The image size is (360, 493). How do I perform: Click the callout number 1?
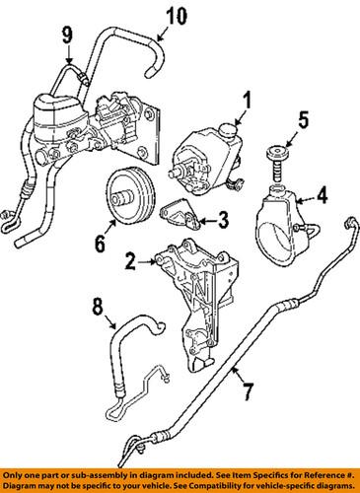coord(247,100)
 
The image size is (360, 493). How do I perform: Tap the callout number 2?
coord(130,261)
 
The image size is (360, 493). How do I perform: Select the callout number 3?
coord(223,221)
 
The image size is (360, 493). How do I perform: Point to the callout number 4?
coord(322,195)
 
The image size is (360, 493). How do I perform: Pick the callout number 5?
coord(304,119)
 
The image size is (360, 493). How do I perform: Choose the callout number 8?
coord(98,308)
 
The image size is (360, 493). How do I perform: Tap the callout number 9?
coord(67,35)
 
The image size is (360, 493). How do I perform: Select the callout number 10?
coord(177,17)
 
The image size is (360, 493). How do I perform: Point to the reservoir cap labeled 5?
coord(277,164)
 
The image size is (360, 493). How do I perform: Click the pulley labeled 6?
coord(131,197)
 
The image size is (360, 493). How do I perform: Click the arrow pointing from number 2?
coord(147,262)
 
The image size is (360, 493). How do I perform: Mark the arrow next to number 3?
coord(208,221)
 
